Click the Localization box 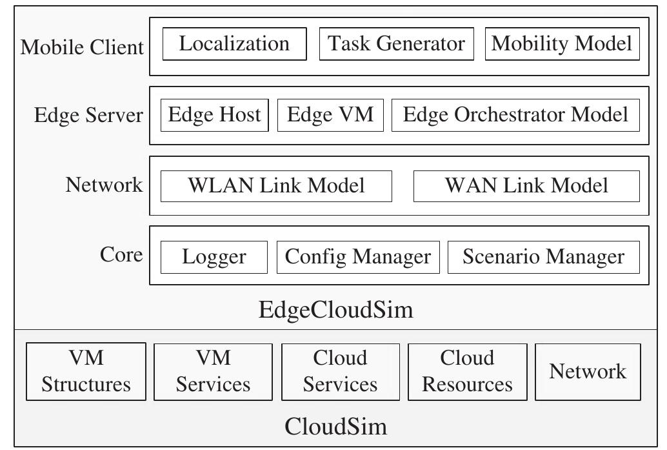(234, 44)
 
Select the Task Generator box (396, 44)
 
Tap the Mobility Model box (562, 44)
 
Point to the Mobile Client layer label (82, 47)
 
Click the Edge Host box (214, 115)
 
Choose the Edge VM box (330, 115)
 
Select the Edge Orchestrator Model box (515, 115)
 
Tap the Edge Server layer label (88, 116)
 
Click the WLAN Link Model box (276, 186)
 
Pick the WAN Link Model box (526, 186)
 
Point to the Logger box (214, 257)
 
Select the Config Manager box (358, 257)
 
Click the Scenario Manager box (543, 257)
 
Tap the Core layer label (121, 254)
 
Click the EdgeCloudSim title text (335, 310)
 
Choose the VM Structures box (86, 372)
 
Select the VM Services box (213, 372)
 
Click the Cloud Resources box (467, 372)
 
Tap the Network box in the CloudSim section (588, 372)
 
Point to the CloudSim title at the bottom (335, 427)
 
